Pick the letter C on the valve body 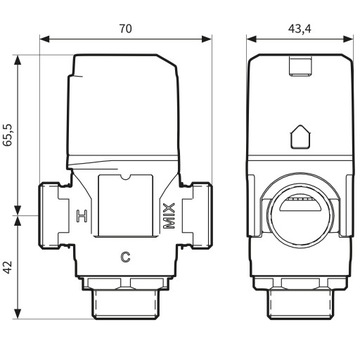point(125,255)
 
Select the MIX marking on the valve point(168,214)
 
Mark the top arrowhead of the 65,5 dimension point(19,54)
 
